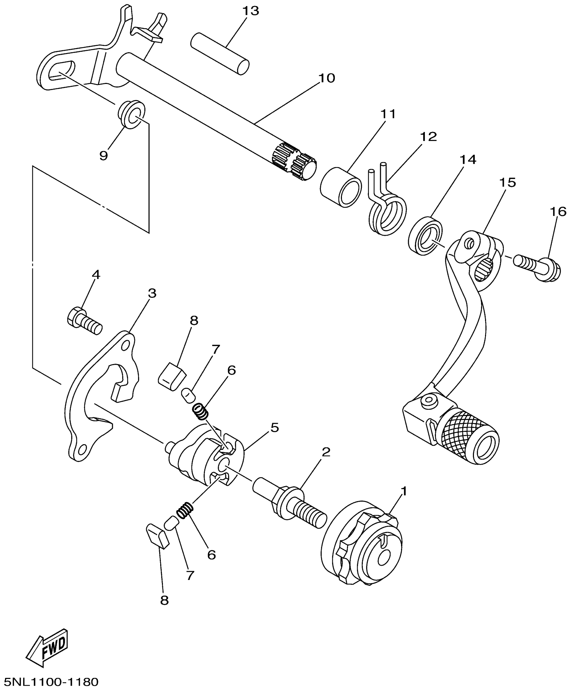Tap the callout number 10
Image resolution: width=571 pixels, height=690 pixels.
(326, 78)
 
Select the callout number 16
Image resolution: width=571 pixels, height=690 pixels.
(558, 212)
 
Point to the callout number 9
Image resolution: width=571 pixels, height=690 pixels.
(103, 155)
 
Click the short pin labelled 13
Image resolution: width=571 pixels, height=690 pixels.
(220, 53)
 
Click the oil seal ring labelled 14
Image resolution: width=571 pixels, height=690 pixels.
(425, 236)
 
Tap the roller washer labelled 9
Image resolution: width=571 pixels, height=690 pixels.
(131, 114)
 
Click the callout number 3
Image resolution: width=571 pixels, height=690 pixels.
(152, 293)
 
